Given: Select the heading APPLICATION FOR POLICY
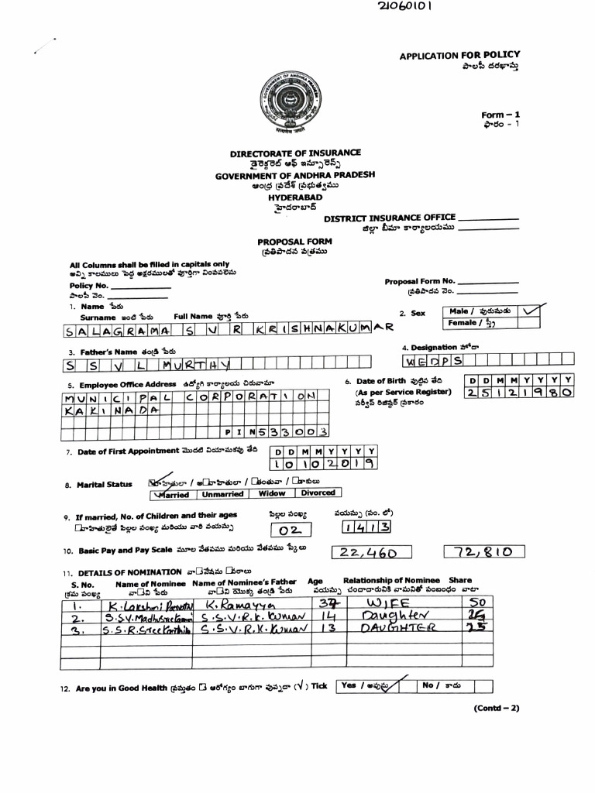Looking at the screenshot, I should pyautogui.click(x=459, y=56).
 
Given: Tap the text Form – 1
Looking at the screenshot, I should pyautogui.click(x=500, y=114).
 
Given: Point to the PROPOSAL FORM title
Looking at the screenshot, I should pyautogui.click(x=294, y=242).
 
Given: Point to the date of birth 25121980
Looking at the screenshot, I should pyautogui.click(x=519, y=393).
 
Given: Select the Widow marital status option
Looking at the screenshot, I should pyautogui.click(x=272, y=493).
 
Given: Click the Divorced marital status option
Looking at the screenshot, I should pyautogui.click(x=318, y=493).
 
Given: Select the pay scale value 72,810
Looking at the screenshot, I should pyautogui.click(x=484, y=552).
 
